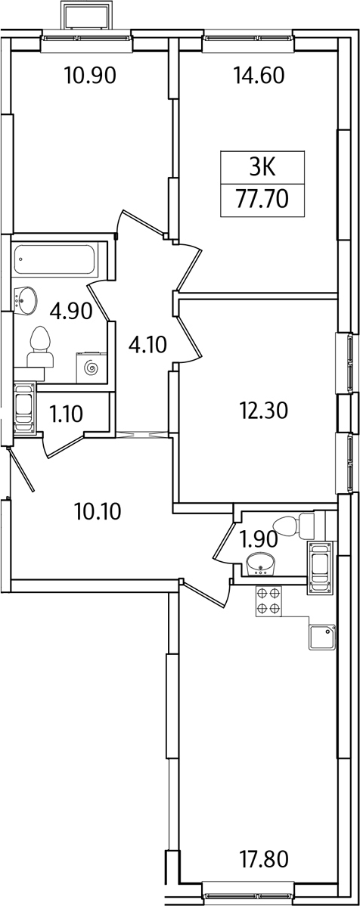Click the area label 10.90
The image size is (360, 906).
tap(91, 75)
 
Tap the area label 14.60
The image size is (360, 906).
tap(259, 75)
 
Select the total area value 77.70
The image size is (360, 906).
tap(262, 200)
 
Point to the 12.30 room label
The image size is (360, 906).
tap(263, 410)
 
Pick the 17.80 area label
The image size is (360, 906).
tap(262, 859)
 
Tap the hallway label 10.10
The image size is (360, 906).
tap(98, 510)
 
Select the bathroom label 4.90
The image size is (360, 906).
tap(72, 312)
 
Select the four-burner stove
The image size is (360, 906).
tap(268, 601)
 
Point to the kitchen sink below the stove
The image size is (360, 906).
tap(322, 638)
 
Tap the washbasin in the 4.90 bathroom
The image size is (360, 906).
tap(25, 300)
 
